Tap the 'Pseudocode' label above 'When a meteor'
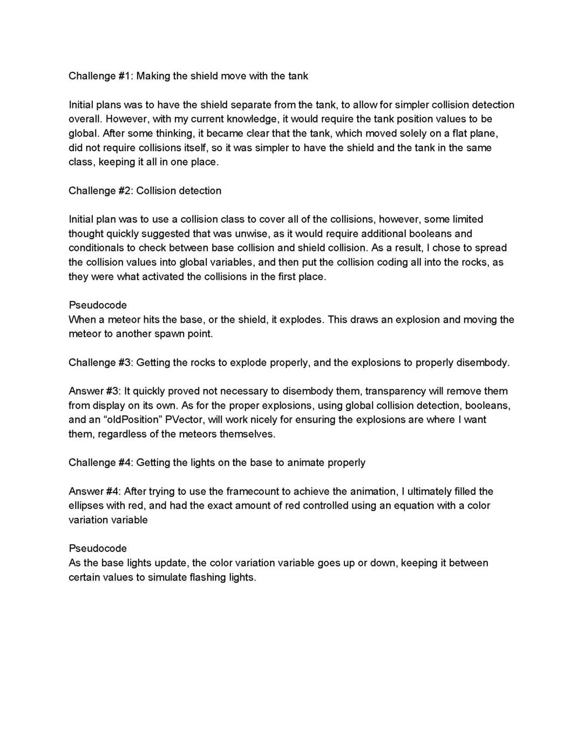tap(98, 305)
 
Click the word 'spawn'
tap(169, 334)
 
